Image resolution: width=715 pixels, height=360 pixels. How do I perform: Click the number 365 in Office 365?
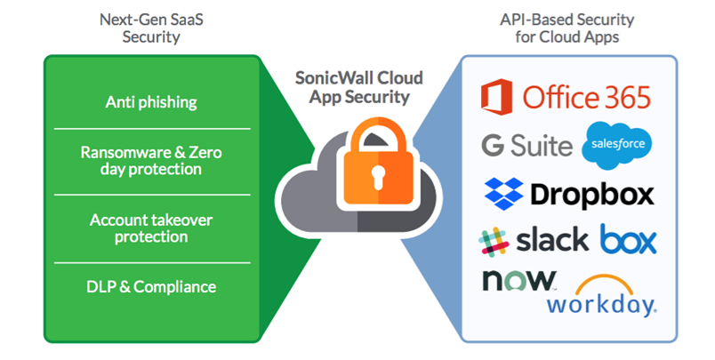click(620, 97)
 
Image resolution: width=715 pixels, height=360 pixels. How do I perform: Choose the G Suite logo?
click(526, 145)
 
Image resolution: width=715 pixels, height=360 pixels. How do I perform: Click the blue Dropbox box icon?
click(503, 192)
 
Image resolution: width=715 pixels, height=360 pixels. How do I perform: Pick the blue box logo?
click(628, 238)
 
